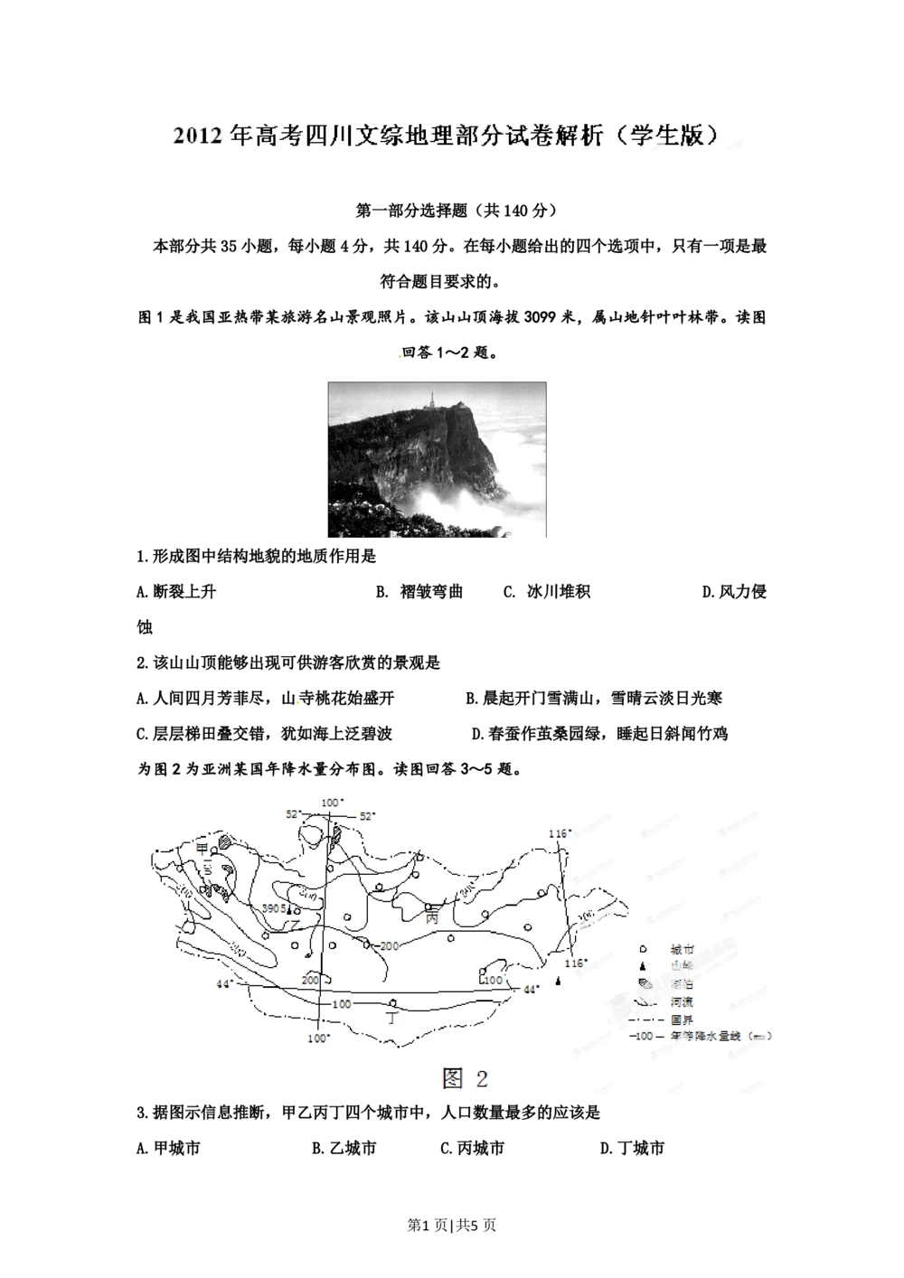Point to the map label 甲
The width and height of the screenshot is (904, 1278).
coord(202,847)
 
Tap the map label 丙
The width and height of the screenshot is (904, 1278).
coord(431,916)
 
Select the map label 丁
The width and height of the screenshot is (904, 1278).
coord(391,1017)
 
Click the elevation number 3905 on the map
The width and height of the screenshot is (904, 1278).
coord(274,908)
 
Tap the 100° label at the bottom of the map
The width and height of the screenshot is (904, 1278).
coord(318,1038)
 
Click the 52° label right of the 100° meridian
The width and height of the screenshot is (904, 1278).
coord(367,815)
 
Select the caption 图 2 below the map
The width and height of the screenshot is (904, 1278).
coord(465,1077)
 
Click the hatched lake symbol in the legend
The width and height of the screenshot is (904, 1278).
coord(643,984)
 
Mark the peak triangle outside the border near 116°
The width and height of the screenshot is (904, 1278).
coord(558,981)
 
